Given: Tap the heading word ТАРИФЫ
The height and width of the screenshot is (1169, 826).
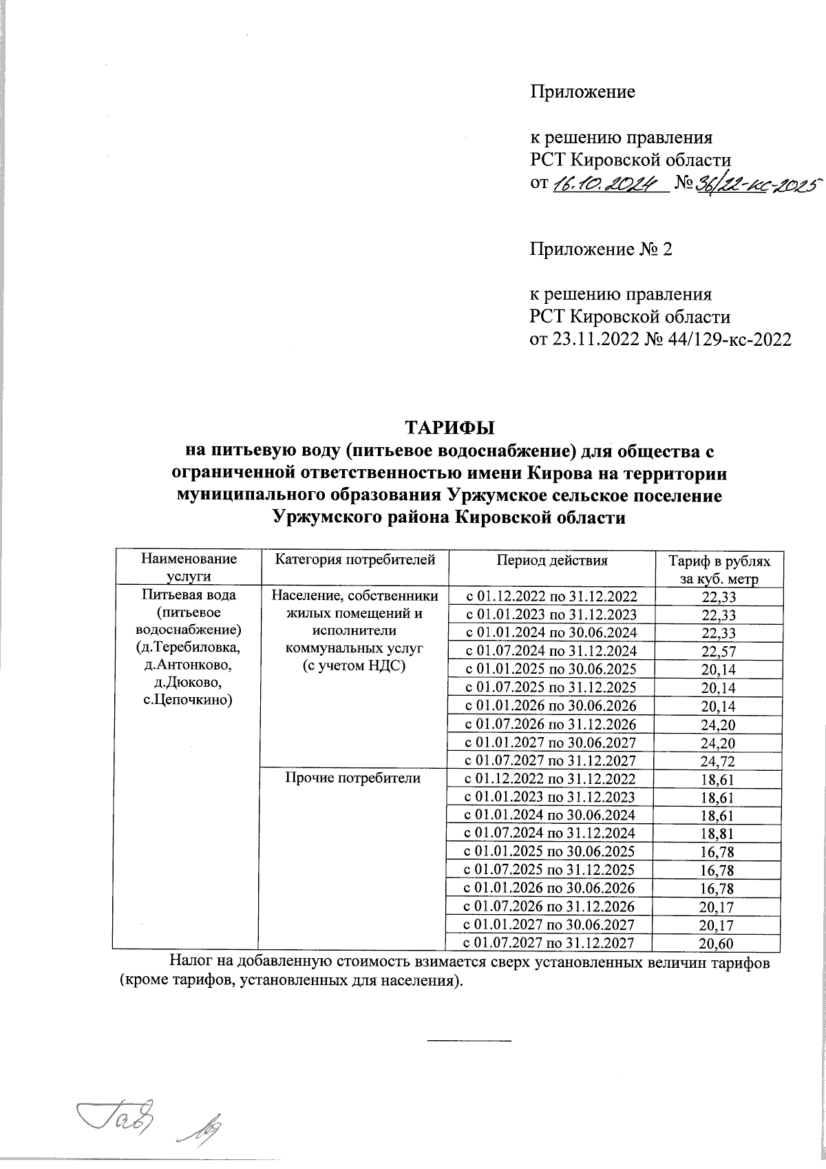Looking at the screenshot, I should pyautogui.click(x=449, y=428).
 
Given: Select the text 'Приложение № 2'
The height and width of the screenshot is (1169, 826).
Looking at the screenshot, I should pyautogui.click(x=600, y=249).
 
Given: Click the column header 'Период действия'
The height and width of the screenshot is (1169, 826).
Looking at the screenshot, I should pyautogui.click(x=552, y=560).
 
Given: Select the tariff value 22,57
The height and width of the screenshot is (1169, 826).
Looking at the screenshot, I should pyautogui.click(x=718, y=650).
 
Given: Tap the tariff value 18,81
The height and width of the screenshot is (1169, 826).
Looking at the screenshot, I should pyautogui.click(x=718, y=834).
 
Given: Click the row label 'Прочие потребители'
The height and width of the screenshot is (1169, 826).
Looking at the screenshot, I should pyautogui.click(x=353, y=778).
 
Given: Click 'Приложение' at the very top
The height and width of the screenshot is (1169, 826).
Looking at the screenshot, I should pyautogui.click(x=582, y=92).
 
